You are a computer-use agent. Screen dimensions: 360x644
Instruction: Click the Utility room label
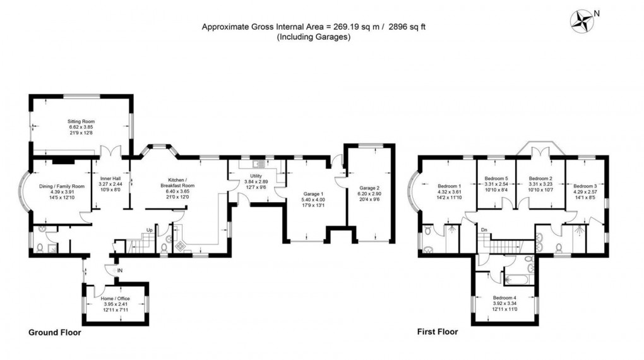point(256,176)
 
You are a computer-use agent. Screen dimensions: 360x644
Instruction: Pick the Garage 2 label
point(370,188)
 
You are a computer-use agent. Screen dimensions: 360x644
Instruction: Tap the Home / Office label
point(116,299)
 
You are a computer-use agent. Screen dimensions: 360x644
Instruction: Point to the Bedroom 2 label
point(540,178)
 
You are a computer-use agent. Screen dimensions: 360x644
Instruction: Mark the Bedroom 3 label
point(585,186)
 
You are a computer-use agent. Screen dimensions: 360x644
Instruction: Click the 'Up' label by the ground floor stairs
point(150,229)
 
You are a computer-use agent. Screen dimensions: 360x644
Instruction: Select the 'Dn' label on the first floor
point(484,229)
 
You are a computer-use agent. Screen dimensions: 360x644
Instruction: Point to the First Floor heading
point(438,332)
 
